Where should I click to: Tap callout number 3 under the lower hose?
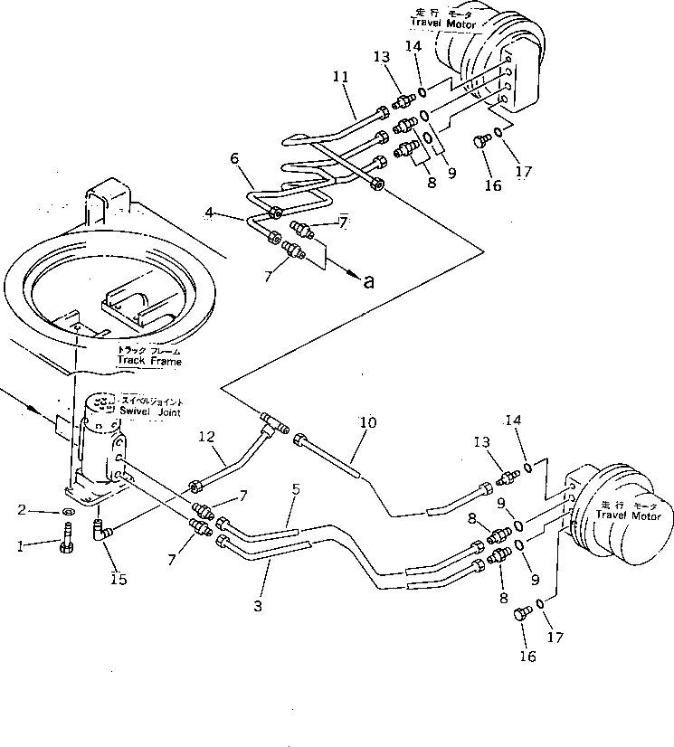tap(258, 607)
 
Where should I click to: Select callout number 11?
tap(340, 80)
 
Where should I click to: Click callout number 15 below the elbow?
tap(115, 578)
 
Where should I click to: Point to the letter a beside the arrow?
tap(368, 281)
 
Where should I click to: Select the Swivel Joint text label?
tap(151, 406)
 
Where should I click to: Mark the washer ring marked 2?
tap(68, 511)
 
